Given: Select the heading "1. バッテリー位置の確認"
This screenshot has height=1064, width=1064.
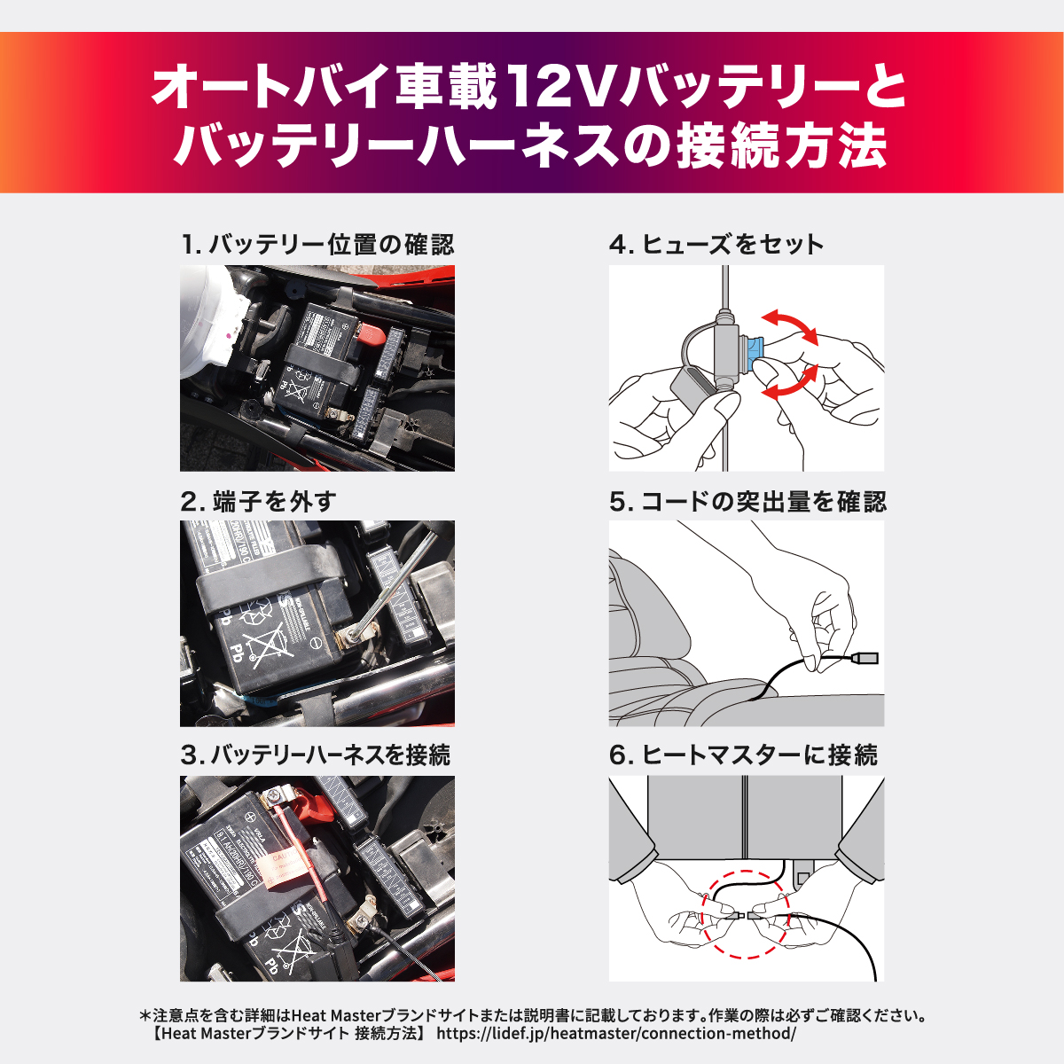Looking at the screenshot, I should pos(317,245).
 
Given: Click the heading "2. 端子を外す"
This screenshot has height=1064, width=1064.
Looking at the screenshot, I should pos(258,502).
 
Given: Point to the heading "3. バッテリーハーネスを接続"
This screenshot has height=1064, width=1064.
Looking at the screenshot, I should pos(315,755).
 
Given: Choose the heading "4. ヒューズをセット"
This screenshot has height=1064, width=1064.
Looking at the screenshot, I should pos(716,245).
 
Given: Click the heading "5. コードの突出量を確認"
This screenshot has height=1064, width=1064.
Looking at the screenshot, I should pos(747,502).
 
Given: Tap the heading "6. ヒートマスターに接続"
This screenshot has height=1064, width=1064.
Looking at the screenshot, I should pos(743,755).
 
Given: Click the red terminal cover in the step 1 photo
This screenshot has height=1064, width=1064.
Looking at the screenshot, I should pos(369,335).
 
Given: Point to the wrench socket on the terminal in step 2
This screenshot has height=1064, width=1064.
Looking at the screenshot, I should pos(356,633).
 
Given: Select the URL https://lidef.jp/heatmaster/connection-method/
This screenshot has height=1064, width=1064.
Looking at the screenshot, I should pos(616,1034).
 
